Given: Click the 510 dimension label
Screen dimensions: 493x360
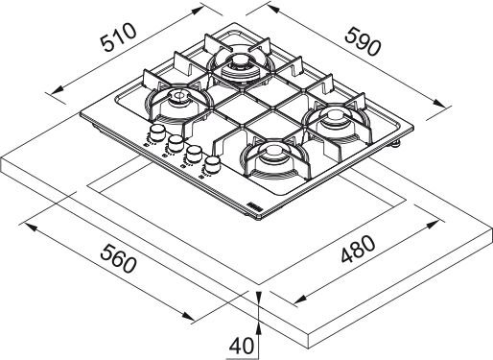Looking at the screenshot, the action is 118,37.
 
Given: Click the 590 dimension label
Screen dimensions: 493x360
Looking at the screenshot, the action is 364,41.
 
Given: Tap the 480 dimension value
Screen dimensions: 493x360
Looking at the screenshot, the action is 358,250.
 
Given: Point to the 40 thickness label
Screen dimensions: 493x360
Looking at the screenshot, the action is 242,346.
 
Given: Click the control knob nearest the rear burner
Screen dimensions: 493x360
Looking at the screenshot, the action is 156,132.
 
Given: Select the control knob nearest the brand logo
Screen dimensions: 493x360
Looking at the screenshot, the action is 211,164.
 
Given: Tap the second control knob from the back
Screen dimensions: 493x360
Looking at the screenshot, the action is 176,143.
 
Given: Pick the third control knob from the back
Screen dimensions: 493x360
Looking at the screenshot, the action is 193,154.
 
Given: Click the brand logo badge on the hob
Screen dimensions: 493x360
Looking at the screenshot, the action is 254,206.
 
